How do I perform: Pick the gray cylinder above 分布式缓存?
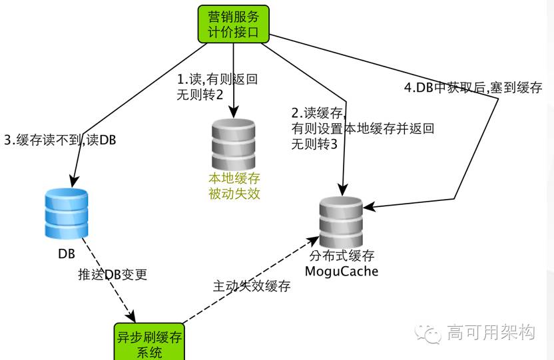tap(342, 222)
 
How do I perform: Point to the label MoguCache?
tap(341, 271)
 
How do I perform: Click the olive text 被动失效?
tap(233, 194)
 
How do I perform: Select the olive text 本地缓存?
tap(233, 179)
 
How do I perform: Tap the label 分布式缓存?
tap(341, 256)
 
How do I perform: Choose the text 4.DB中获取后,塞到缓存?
tap(474, 88)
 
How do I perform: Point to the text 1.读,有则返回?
tap(217, 79)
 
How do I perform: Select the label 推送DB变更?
tap(112, 274)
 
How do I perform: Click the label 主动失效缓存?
tap(252, 286)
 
